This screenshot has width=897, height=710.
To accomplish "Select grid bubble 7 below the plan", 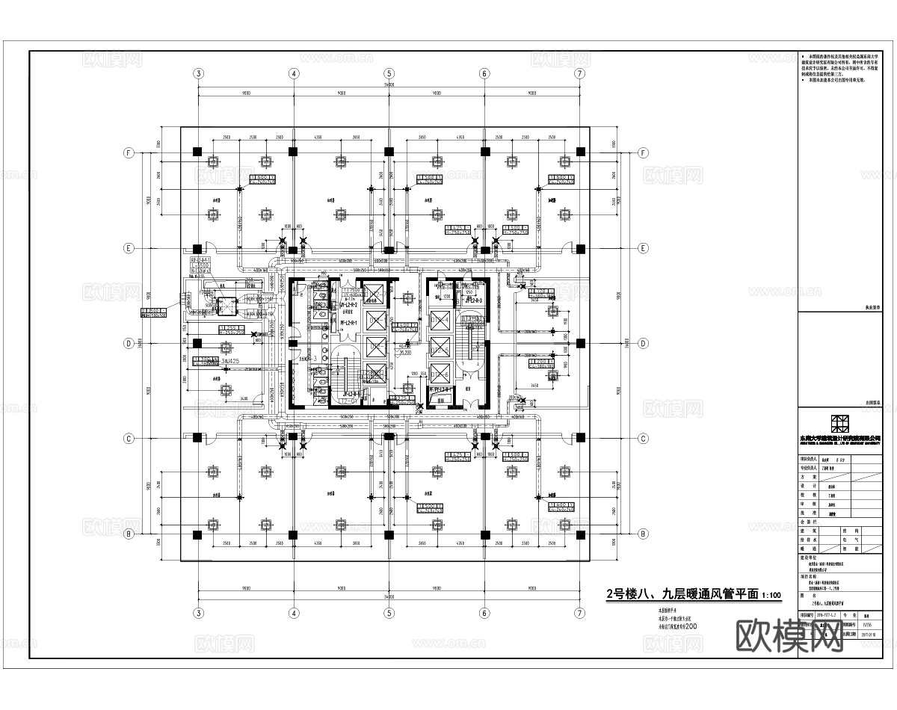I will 579,614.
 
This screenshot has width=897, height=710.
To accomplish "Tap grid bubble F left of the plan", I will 129,152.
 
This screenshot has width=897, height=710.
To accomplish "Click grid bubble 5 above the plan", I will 389,73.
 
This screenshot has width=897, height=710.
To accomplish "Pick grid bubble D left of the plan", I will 129,343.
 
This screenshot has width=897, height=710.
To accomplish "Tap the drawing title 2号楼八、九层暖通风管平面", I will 682,595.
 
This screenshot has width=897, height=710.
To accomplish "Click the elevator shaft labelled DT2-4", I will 440,321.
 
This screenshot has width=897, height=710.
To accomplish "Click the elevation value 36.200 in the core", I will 405,351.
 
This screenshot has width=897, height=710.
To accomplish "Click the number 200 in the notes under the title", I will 690,628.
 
